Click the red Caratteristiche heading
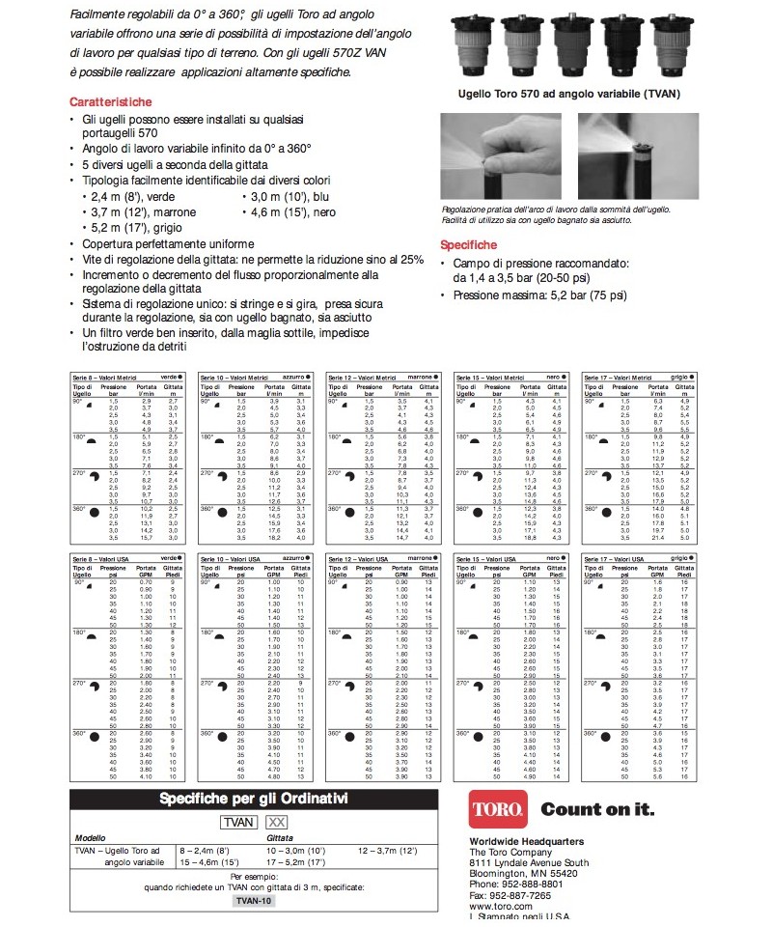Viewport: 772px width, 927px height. click(110, 101)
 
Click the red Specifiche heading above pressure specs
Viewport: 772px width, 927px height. click(469, 245)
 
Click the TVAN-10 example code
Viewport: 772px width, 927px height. click(254, 899)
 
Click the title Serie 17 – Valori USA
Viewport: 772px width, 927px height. click(611, 559)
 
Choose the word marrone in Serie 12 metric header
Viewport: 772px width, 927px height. click(420, 378)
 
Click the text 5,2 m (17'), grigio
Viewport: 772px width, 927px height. click(133, 228)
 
